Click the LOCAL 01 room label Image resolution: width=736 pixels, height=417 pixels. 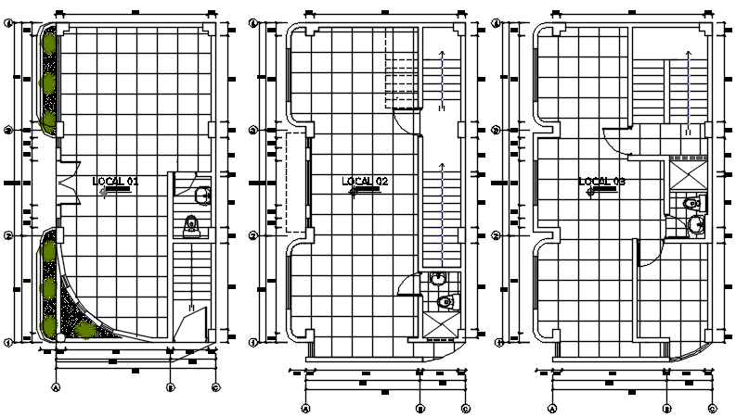pyautogui.click(x=116, y=182)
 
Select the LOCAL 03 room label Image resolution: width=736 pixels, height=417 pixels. pyautogui.click(x=601, y=182)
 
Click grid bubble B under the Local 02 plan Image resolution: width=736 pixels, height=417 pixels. pyautogui.click(x=420, y=408)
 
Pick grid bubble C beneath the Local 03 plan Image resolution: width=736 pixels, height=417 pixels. pyautogui.click(x=713, y=408)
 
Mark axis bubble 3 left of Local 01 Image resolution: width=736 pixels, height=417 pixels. pyautogui.click(x=8, y=131)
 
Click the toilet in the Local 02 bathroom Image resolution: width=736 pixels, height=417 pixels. pyautogui.click(x=447, y=301)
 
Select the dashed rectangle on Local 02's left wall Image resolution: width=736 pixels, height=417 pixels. pyautogui.click(x=295, y=183)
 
